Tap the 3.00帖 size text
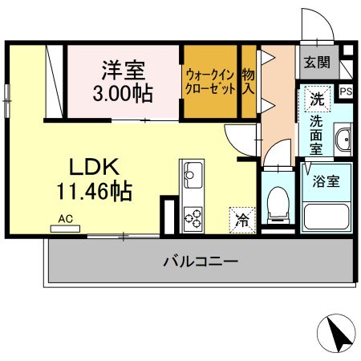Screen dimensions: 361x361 point(122,93)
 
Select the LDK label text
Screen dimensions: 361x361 point(93,167)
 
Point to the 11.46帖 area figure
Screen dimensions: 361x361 point(94,192)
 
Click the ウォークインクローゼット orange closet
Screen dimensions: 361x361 point(209,82)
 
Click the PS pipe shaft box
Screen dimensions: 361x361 point(346,91)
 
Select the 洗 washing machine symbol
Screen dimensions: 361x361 point(318,101)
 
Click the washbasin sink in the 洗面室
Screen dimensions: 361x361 point(343,140)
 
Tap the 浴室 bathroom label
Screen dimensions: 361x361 point(326,180)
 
